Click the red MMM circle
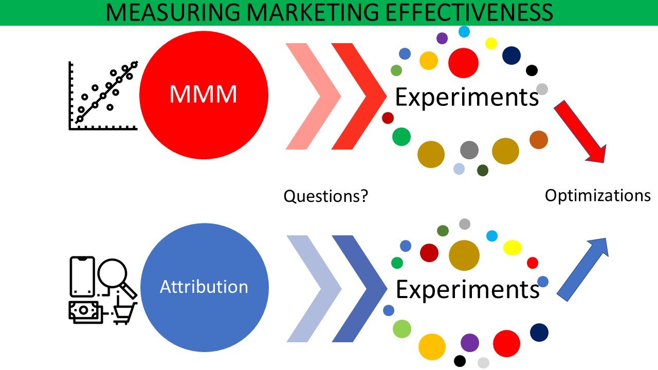[x=203, y=95]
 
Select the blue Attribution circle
[x=204, y=287]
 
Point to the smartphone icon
[x=82, y=276]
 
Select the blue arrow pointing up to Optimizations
[x=583, y=269]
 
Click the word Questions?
[x=326, y=196]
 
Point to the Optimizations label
[x=597, y=196]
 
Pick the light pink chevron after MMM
[x=313, y=96]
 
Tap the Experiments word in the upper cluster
[x=466, y=97]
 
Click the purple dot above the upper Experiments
[x=442, y=38]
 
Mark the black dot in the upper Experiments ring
[x=532, y=70]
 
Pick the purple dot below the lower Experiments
[x=469, y=342]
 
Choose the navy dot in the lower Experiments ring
[x=539, y=332]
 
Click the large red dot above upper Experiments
[x=463, y=63]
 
